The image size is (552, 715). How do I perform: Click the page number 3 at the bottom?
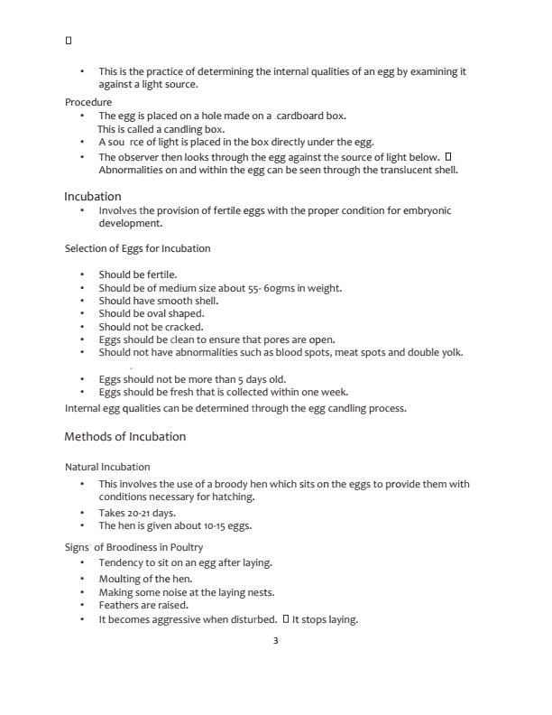(275, 641)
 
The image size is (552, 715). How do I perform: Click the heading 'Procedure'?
(88, 102)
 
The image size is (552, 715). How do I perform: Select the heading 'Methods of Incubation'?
(124, 437)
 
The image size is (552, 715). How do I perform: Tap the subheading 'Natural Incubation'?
(107, 467)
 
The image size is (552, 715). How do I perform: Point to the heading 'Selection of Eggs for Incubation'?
(137, 248)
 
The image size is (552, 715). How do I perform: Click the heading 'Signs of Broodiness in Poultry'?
(133, 547)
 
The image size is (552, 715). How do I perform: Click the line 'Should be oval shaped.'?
(151, 314)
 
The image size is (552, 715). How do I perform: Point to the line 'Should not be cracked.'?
(151, 327)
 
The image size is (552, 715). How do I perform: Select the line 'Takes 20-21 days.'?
(137, 513)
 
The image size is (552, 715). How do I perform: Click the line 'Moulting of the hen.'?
(145, 579)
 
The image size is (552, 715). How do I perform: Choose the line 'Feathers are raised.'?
(143, 605)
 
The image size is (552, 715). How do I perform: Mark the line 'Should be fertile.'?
(138, 274)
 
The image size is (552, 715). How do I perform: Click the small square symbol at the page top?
(69, 41)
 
